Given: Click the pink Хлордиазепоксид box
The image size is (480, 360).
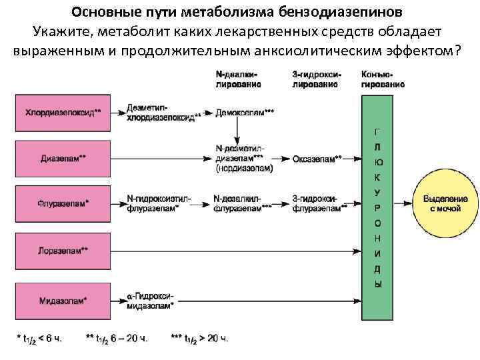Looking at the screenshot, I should pos(64,113).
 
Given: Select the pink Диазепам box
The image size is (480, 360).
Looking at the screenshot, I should pos(64,159).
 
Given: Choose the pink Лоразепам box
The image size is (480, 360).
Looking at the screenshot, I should pos(64,251).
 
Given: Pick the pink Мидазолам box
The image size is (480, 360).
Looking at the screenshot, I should pos(64,301).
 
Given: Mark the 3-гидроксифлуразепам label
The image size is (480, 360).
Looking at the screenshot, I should pos(319,203).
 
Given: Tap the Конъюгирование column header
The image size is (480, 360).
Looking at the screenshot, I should pos(382,80).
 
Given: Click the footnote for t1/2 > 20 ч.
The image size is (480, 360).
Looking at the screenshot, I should pos(199,339).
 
